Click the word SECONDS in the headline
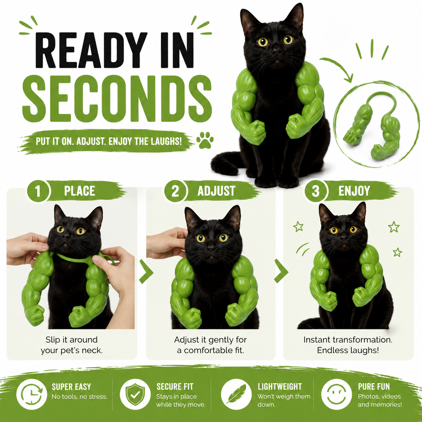tap(117, 99)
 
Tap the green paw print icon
tap(205, 140)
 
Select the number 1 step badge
tap(38, 191)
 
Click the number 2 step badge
tap(175, 191)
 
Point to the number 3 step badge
tap(316, 191)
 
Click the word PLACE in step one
tap(79, 191)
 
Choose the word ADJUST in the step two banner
tap(216, 191)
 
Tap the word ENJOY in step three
tap(354, 191)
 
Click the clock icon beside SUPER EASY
tap(32, 394)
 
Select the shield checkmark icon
tap(135, 394)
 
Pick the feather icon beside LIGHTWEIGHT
tap(236, 394)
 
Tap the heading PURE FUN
tap(374, 387)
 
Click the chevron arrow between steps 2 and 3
tap(281, 271)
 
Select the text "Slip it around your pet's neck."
tap(72, 345)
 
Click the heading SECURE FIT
tap(175, 387)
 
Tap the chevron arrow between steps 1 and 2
tap(146, 271)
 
